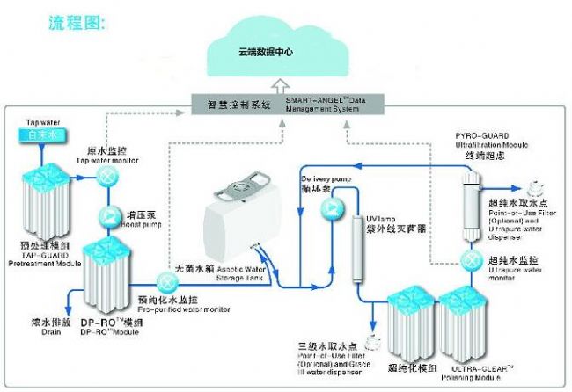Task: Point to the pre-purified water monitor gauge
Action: [166, 283]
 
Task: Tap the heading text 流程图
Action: [77, 24]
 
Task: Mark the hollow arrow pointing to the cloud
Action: [279, 86]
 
